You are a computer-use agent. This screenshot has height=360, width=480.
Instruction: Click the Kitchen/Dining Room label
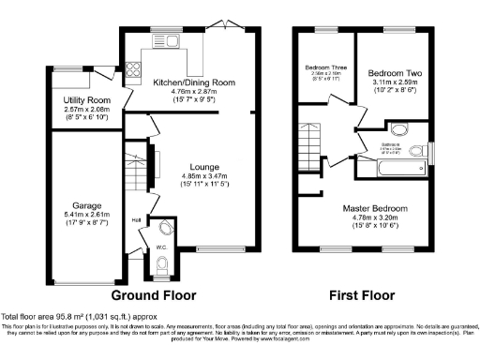tap(193, 82)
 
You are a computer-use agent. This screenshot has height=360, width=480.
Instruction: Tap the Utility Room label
tap(86, 99)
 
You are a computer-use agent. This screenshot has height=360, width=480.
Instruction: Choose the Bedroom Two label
tap(392, 72)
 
